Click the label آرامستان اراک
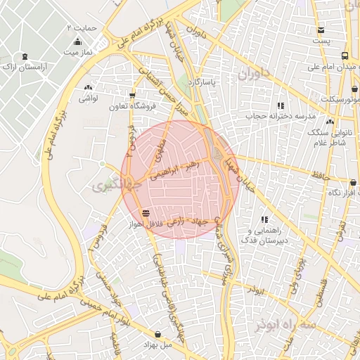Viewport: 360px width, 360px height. click(x=25, y=66)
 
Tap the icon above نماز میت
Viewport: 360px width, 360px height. click(x=77, y=42)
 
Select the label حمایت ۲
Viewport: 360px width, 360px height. click(x=84, y=27)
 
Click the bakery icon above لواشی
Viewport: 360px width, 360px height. click(x=89, y=88)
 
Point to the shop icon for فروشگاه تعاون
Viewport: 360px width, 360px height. click(x=131, y=96)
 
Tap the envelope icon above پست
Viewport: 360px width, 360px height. click(x=321, y=30)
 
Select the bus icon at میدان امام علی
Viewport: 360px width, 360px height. click(x=345, y=56)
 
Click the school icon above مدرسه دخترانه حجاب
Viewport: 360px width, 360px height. click(x=281, y=105)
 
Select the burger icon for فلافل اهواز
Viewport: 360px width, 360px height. click(x=146, y=212)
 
